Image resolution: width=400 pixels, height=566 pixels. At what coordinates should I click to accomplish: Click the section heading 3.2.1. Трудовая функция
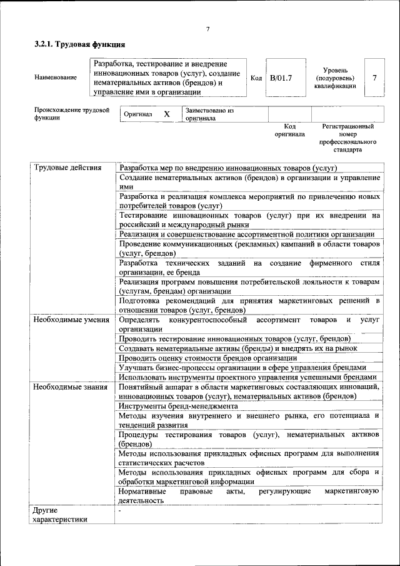pyautogui.click(x=79, y=45)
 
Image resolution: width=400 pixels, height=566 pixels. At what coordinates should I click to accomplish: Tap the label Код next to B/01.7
pyautogui.click(x=256, y=78)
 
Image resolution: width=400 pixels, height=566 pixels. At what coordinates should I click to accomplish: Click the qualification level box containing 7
pyautogui.click(x=374, y=78)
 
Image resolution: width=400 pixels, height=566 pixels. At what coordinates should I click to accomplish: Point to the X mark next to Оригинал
pyautogui.click(x=167, y=114)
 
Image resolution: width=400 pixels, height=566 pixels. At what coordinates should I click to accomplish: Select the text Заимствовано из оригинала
pyautogui.click(x=209, y=114)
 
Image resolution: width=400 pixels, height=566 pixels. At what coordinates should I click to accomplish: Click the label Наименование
pyautogui.click(x=56, y=78)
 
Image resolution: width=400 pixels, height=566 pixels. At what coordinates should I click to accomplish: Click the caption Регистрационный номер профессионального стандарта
pyautogui.click(x=347, y=138)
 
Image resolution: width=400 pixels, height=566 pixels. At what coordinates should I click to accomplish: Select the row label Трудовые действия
pyautogui.click(x=64, y=168)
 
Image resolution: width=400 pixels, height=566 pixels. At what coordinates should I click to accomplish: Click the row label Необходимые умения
pyautogui.click(x=68, y=320)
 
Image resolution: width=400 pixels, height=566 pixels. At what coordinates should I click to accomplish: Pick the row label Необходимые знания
pyautogui.click(x=67, y=387)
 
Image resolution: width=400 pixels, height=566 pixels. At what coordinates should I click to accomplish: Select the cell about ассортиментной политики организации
pyautogui.click(x=247, y=234)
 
